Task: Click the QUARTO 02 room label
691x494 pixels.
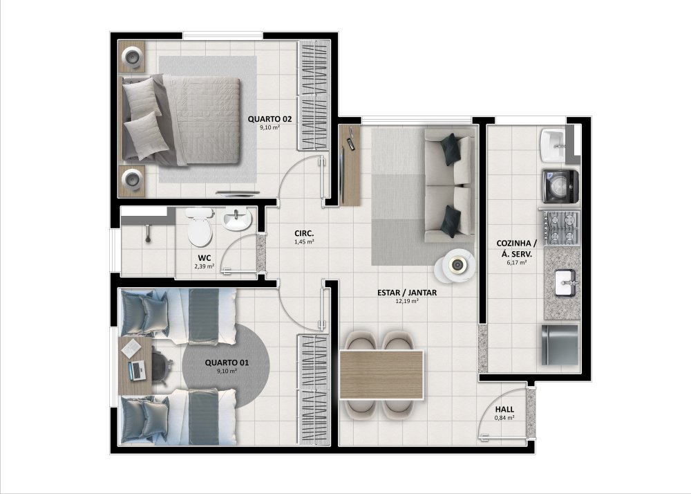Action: (269, 119)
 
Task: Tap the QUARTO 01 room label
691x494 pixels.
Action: (227, 363)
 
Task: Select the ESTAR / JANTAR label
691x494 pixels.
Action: (407, 293)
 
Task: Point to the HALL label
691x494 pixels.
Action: (504, 410)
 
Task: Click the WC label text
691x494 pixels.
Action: (205, 258)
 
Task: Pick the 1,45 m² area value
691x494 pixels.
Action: (304, 241)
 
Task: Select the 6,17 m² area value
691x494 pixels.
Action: (517, 262)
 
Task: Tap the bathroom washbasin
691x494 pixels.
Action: (236, 219)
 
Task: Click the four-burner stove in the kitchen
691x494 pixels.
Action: (561, 228)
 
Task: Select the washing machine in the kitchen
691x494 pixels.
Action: (560, 186)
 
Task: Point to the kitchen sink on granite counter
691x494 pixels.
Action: (565, 283)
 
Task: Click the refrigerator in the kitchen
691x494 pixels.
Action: (560, 345)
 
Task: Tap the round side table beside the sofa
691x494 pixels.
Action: (455, 266)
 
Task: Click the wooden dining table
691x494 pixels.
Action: (381, 375)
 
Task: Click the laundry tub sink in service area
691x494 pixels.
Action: (553, 145)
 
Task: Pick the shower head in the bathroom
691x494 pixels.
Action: (148, 233)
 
